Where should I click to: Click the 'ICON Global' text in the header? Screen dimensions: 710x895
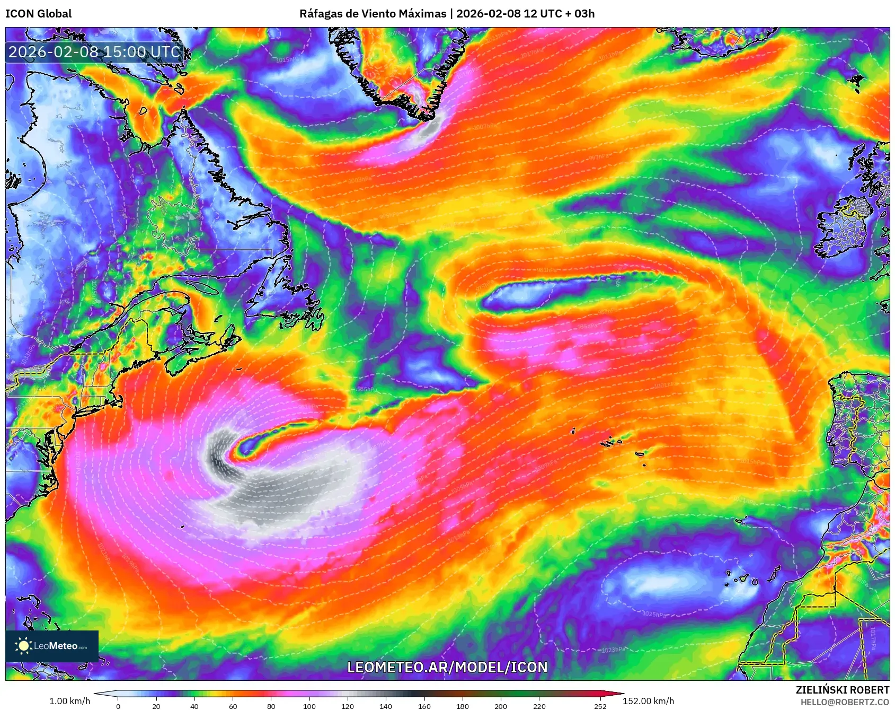tap(38, 14)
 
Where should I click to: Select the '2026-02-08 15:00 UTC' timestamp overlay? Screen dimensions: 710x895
tap(94, 52)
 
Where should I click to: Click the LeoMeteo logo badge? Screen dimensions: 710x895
tap(52, 646)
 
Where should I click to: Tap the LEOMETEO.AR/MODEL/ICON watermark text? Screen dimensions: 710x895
tap(447, 667)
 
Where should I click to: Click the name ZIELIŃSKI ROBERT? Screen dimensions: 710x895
tap(842, 690)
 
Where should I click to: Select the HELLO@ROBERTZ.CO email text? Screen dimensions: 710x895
tap(845, 702)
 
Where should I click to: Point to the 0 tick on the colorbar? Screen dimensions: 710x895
tap(118, 706)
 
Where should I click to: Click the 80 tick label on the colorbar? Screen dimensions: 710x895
tap(271, 706)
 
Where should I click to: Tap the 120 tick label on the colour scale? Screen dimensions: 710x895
tap(348, 706)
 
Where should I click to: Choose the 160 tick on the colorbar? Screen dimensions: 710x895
tap(424, 706)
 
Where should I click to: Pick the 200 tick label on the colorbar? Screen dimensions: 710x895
tap(501, 706)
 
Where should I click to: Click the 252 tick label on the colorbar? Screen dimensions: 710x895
tap(600, 706)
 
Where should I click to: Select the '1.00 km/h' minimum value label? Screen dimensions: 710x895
tap(69, 701)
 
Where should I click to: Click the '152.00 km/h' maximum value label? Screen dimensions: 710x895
tap(648, 701)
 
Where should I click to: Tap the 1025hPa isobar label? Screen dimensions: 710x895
tap(653, 614)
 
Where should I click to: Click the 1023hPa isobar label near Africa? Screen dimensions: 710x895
tap(613, 650)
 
